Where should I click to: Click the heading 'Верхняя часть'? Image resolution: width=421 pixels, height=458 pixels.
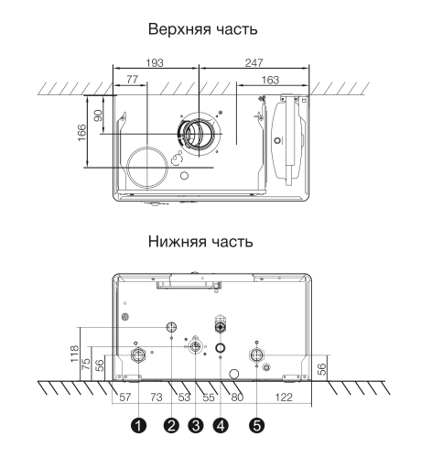pyautogui.click(x=202, y=29)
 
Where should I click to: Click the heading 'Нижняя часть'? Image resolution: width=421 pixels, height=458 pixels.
pyautogui.click(x=200, y=241)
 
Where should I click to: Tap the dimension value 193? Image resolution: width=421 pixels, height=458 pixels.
pyautogui.click(x=155, y=62)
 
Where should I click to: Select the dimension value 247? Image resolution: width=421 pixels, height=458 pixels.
pyautogui.click(x=254, y=62)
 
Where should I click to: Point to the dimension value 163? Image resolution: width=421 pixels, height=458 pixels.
pyautogui.click(x=270, y=80)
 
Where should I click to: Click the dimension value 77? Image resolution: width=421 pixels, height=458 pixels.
pyautogui.click(x=132, y=80)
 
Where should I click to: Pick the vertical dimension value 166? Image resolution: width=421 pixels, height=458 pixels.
pyautogui.click(x=81, y=132)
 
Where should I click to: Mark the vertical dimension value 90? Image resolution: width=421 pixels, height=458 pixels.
pyautogui.click(x=98, y=115)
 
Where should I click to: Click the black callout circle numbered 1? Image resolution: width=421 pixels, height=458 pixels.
pyautogui.click(x=139, y=425)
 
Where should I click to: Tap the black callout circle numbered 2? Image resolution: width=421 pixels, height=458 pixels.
pyautogui.click(x=171, y=425)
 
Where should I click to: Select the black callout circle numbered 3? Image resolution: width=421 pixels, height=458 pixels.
pyautogui.click(x=196, y=425)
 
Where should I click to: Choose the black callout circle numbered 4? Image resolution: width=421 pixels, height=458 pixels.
pyautogui.click(x=221, y=425)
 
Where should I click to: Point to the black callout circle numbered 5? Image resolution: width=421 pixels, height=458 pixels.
pyautogui.click(x=257, y=425)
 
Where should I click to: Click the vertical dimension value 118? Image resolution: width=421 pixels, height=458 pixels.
pyautogui.click(x=74, y=354)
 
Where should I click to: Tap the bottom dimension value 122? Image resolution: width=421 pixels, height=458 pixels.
pyautogui.click(x=284, y=397)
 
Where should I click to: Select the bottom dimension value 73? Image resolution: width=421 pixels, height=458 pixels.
pyautogui.click(x=157, y=397)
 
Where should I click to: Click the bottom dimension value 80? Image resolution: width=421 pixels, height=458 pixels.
pyautogui.click(x=237, y=397)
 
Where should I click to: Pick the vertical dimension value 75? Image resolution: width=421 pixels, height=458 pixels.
pyautogui.click(x=87, y=364)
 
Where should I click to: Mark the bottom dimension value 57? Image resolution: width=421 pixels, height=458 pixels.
pyautogui.click(x=125, y=397)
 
